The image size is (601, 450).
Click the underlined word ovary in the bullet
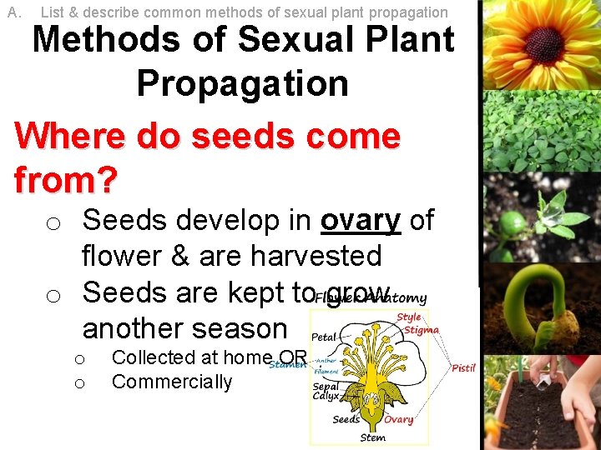tap(361, 220)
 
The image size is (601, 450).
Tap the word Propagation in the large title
tap(242, 83)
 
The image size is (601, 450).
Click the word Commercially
tap(172, 382)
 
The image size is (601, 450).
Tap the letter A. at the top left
tap(13, 12)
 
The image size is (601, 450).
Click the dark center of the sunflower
tap(543, 38)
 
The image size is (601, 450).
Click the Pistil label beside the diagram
tap(463, 367)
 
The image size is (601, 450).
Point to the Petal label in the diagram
tap(324, 337)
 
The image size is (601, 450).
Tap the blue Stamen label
tap(287, 364)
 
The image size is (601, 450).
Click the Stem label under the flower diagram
tap(372, 437)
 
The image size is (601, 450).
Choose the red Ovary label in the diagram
tap(398, 419)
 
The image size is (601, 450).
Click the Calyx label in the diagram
tap(326, 396)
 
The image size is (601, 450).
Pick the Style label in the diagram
tap(408, 317)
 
